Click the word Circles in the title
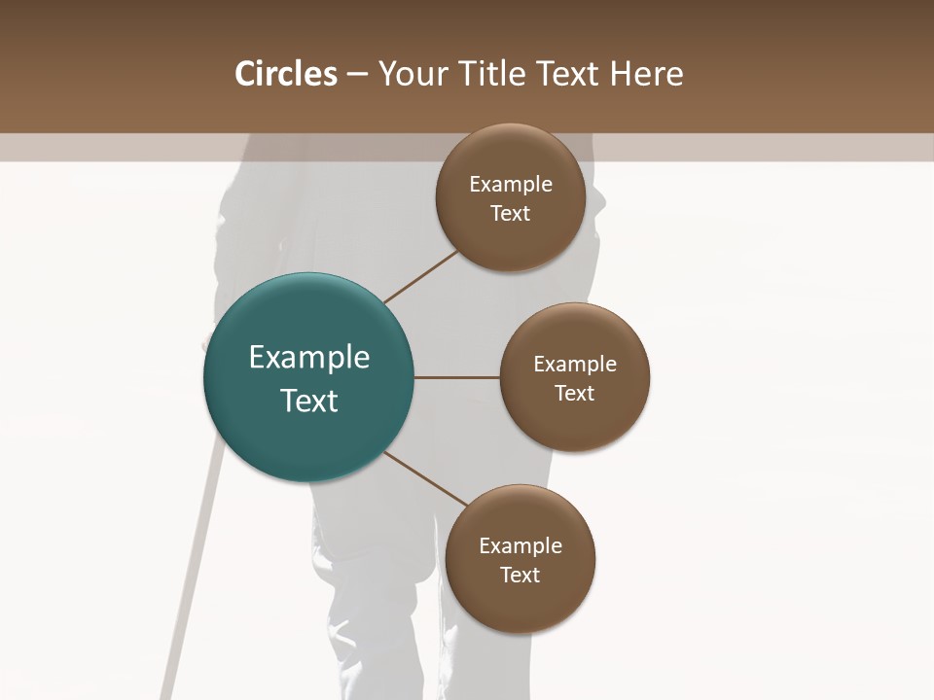click(286, 74)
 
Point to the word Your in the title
click(410, 74)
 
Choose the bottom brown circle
click(521, 603)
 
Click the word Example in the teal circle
click(309, 358)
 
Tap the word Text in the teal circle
click(309, 401)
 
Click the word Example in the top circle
click(511, 185)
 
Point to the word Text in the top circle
click(511, 214)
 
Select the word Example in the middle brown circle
click(575, 365)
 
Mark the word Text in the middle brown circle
click(575, 394)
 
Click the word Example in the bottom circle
click(521, 546)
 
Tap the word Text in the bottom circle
click(521, 576)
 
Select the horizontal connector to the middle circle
click(457, 377)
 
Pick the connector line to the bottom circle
click(426, 478)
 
